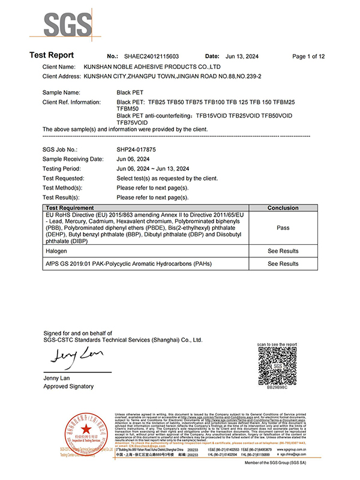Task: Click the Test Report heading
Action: (52, 55)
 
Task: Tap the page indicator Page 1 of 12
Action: (308, 56)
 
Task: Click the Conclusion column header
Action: (283, 208)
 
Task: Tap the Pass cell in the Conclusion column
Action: (283, 228)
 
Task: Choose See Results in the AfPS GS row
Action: (283, 263)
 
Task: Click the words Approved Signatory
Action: (69, 386)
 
